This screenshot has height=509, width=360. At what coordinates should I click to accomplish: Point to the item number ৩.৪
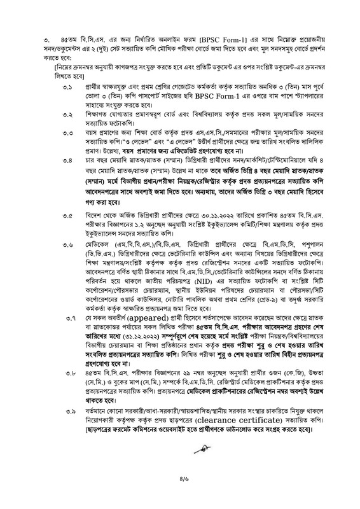click(x=67, y=164)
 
